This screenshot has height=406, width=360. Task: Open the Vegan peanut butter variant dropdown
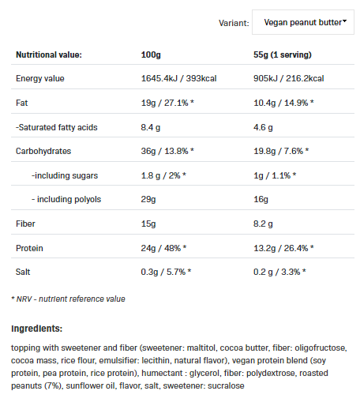[303, 22]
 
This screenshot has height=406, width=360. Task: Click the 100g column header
[151, 55]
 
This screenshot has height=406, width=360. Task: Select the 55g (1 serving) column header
[283, 55]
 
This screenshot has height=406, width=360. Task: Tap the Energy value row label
[40, 78]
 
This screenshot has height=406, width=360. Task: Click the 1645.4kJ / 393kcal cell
[178, 78]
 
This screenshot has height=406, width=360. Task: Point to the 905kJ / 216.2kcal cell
[288, 78]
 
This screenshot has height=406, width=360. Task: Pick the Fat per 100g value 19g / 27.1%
[167, 103]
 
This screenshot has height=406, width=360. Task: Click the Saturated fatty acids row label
[57, 127]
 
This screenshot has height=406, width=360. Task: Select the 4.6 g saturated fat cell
[263, 127]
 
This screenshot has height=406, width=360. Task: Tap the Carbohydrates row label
[43, 151]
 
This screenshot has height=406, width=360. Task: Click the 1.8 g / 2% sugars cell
[163, 175]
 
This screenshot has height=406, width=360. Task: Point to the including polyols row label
[66, 199]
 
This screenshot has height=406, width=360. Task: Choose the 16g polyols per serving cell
[261, 199]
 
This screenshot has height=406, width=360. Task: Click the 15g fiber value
[148, 224]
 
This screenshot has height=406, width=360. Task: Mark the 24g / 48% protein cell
[163, 248]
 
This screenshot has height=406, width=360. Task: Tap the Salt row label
[23, 272]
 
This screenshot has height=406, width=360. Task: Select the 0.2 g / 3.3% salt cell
[279, 272]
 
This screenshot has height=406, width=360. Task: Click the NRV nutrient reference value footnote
[68, 299]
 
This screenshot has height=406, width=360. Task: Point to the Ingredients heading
[36, 329]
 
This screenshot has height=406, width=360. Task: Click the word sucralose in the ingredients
[226, 385]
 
